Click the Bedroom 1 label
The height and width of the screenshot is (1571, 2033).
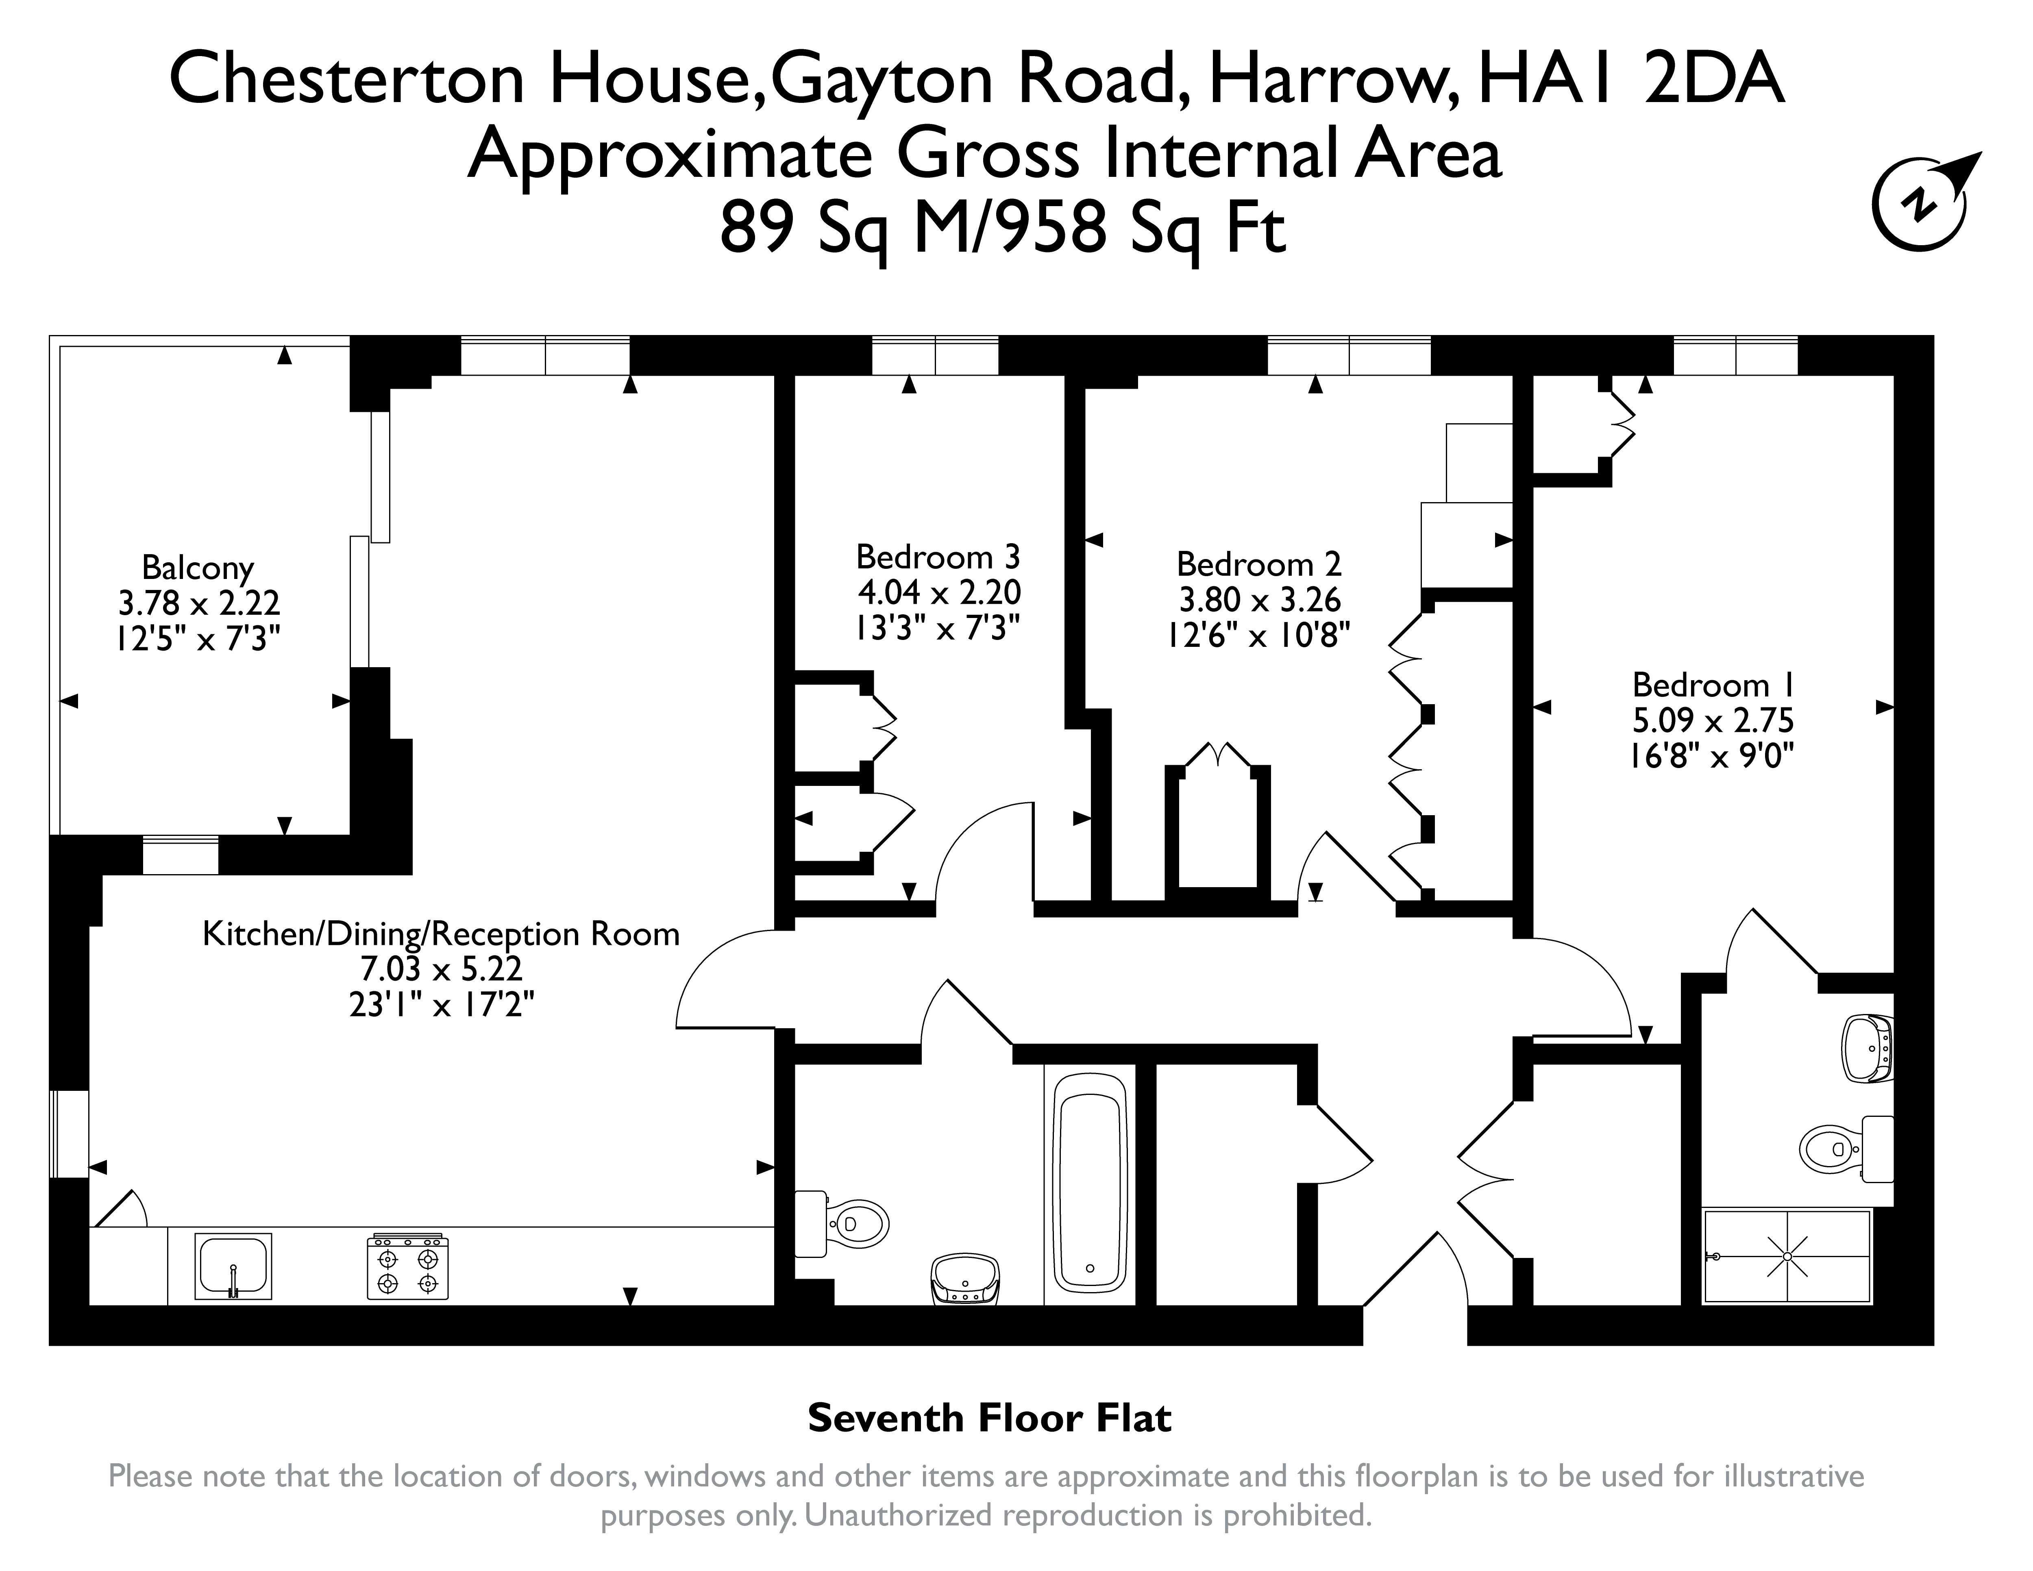(1713, 685)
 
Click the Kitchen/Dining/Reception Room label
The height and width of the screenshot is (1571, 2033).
(441, 933)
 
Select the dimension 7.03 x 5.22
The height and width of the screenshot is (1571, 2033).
(441, 969)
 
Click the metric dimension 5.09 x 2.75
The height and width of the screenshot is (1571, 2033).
(1713, 720)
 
